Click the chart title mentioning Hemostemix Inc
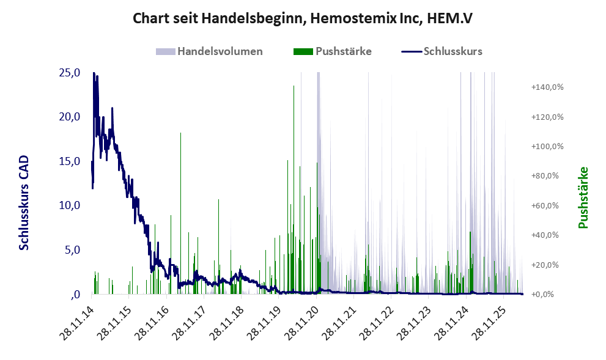pyautogui.click(x=303, y=18)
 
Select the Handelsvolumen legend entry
pyautogui.click(x=209, y=51)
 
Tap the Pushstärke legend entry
pyautogui.click(x=333, y=51)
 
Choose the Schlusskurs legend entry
pyautogui.click(x=442, y=51)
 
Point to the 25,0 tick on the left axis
pyautogui.click(x=70, y=73)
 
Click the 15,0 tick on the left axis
pyautogui.click(x=70, y=161)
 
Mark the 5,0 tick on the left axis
pyautogui.click(x=72, y=250)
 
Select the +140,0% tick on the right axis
pyautogui.click(x=547, y=87)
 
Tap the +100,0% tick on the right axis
pyautogui.click(x=547, y=147)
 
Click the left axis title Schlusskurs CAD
pyautogui.click(x=24, y=203)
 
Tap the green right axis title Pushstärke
pyautogui.click(x=583, y=198)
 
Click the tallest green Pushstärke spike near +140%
pyautogui.click(x=294, y=189)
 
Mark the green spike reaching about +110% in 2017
pyautogui.click(x=180, y=213)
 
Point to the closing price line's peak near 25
pyautogui.click(x=94, y=73)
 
